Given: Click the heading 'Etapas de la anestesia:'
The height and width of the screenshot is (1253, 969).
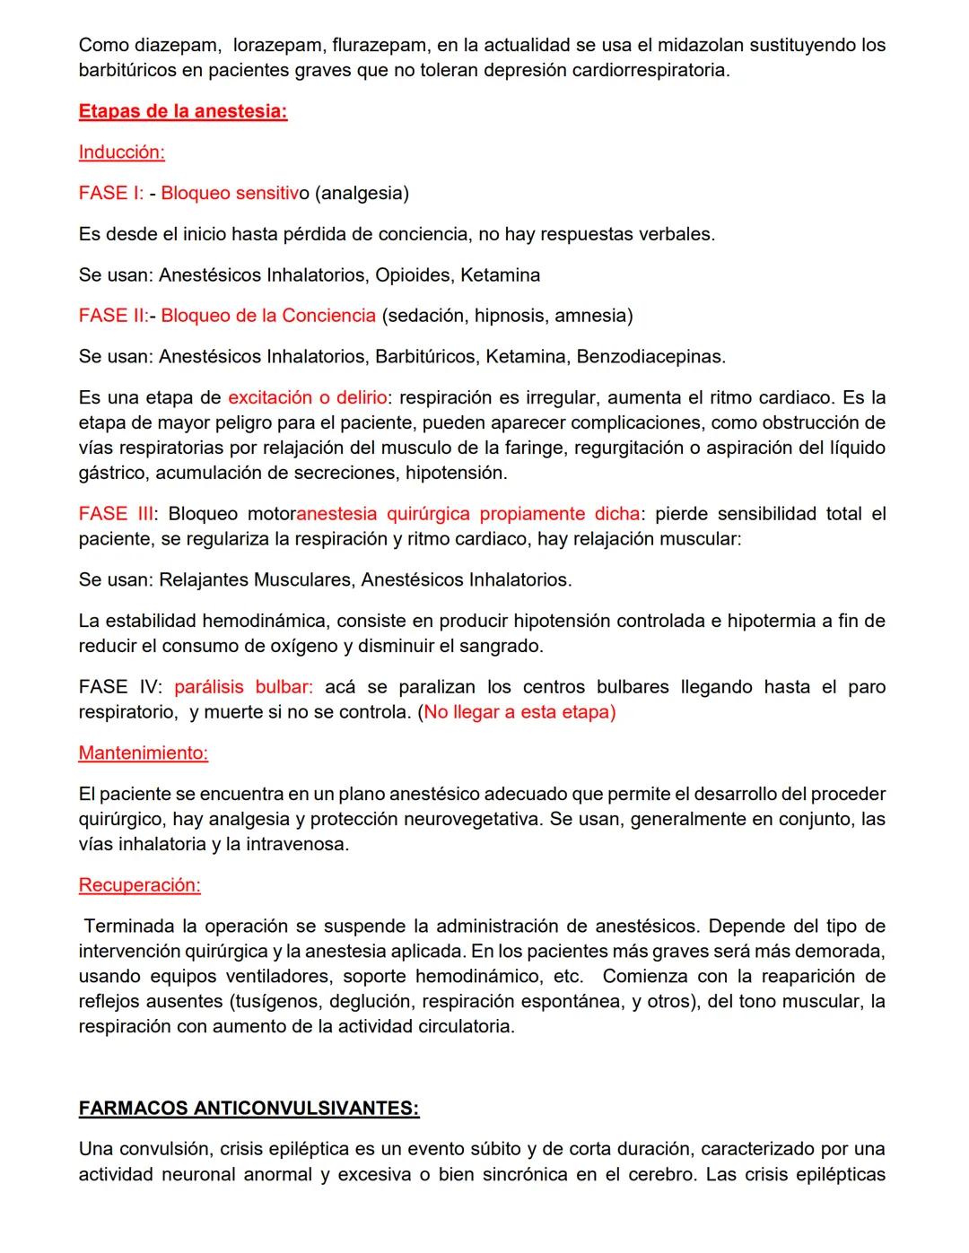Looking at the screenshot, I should pyautogui.click(x=183, y=111).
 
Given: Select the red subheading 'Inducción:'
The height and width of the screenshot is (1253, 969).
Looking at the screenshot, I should pyautogui.click(x=121, y=152).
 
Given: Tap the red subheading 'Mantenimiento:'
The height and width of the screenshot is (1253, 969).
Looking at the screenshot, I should pyautogui.click(x=143, y=753).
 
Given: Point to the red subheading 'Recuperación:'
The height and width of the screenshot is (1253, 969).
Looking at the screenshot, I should pyautogui.click(x=139, y=884).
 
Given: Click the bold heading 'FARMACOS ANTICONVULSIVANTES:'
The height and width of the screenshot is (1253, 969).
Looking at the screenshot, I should pyautogui.click(x=249, y=1108).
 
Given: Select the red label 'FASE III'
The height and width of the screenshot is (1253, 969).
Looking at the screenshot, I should pyautogui.click(x=116, y=514).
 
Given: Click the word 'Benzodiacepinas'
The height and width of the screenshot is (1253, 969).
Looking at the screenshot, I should pyautogui.click(x=650, y=357).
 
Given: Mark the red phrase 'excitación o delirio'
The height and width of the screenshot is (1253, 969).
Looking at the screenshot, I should pyautogui.click(x=307, y=397).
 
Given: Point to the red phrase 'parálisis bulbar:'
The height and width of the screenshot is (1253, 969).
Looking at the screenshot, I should pyautogui.click(x=243, y=687).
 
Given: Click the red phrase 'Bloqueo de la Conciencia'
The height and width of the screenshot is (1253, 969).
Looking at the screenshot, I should pyautogui.click(x=268, y=316).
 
